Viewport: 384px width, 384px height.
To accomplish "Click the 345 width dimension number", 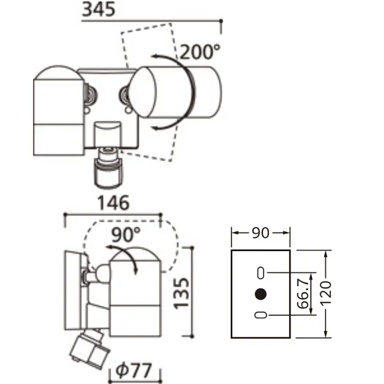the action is coord(99,9).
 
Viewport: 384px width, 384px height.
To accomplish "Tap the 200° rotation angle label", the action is coord(200,52).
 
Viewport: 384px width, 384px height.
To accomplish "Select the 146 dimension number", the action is coord(114,203).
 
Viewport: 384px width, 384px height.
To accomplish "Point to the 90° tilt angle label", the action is coord(126,234).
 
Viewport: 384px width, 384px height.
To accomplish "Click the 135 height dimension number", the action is coord(181,293).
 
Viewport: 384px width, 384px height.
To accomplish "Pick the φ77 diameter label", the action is coord(134,371).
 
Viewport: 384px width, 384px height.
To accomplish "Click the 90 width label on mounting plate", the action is coord(261,233).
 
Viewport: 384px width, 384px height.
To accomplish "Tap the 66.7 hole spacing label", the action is coord(303,294).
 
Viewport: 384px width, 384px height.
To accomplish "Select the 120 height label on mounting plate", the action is coord(326,294).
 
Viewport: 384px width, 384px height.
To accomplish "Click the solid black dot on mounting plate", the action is coord(261,294).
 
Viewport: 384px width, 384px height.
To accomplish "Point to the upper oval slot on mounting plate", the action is coord(261,273).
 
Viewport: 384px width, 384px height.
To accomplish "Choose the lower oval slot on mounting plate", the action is coord(261,315).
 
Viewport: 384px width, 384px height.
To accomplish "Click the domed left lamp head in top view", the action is coord(59,110).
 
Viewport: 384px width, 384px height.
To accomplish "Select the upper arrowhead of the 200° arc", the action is coord(155,57).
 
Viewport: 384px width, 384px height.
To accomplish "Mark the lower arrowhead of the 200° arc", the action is coord(156,128).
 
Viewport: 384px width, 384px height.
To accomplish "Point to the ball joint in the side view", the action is coord(103,274).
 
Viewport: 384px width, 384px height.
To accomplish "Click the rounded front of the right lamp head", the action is coord(142,92).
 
